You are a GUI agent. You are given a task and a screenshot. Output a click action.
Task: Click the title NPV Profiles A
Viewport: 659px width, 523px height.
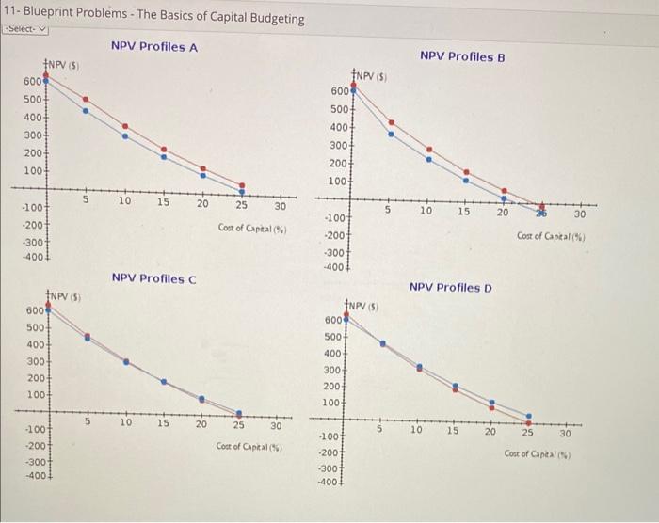(153, 46)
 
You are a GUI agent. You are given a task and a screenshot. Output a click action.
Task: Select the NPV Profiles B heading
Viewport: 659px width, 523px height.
(462, 56)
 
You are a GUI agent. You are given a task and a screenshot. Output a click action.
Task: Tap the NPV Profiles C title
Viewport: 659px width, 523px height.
(153, 277)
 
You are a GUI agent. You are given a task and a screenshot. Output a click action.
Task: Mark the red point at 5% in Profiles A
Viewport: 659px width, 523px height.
(86, 99)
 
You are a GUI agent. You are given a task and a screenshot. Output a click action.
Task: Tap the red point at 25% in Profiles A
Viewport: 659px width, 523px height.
(241, 186)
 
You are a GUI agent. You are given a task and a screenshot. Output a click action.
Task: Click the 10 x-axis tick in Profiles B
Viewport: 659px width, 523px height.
(426, 212)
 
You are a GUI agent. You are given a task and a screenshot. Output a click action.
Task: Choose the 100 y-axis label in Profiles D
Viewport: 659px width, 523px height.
(331, 403)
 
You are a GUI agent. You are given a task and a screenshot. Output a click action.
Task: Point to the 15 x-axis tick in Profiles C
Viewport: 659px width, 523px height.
(163, 424)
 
